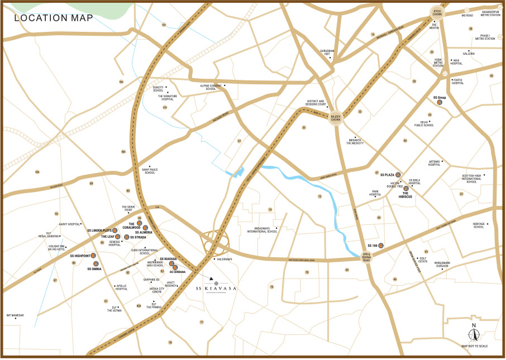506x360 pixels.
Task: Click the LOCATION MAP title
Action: pyautogui.click(x=54, y=17)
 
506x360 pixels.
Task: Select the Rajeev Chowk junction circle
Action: pyautogui.click(x=336, y=117)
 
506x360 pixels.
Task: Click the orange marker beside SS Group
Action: pyautogui.click(x=440, y=102)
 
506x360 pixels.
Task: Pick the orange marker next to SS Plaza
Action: pyautogui.click(x=398, y=175)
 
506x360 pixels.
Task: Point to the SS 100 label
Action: pyautogui.click(x=372, y=246)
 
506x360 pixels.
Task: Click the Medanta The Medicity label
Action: pyautogui.click(x=355, y=142)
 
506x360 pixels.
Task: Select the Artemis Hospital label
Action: pyautogui.click(x=434, y=163)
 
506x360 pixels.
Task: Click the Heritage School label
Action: pyautogui.click(x=479, y=225)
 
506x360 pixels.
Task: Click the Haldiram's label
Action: pyautogui.click(x=226, y=260)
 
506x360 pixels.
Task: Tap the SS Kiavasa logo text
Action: pyautogui.click(x=216, y=289)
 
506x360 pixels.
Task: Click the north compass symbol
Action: pyautogui.click(x=474, y=334)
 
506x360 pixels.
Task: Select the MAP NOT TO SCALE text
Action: pyautogui.click(x=474, y=346)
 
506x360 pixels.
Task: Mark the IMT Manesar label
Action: pyautogui.click(x=15, y=315)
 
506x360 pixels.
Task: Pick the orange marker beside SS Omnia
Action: pyautogui.click(x=96, y=263)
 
